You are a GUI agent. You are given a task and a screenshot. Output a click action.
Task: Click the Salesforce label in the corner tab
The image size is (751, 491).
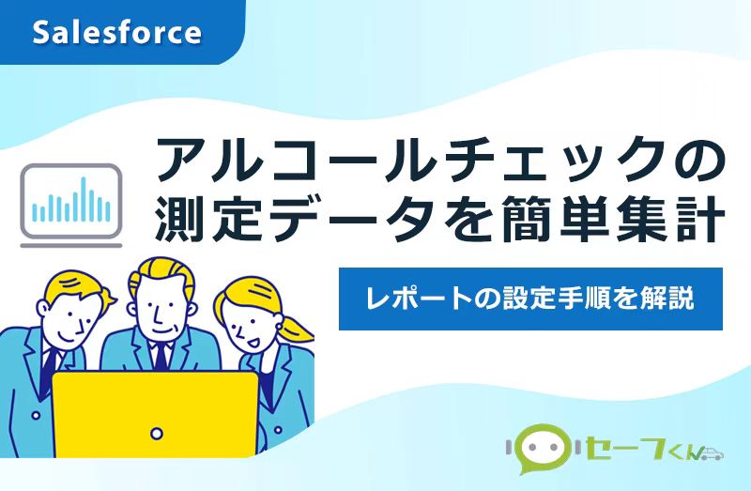[117, 33]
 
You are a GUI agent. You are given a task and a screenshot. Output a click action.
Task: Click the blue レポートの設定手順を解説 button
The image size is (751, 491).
[530, 299]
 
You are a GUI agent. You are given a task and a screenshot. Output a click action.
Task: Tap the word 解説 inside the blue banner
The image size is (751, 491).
[672, 299]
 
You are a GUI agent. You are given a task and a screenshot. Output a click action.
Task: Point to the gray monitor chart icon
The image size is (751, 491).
[70, 202]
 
